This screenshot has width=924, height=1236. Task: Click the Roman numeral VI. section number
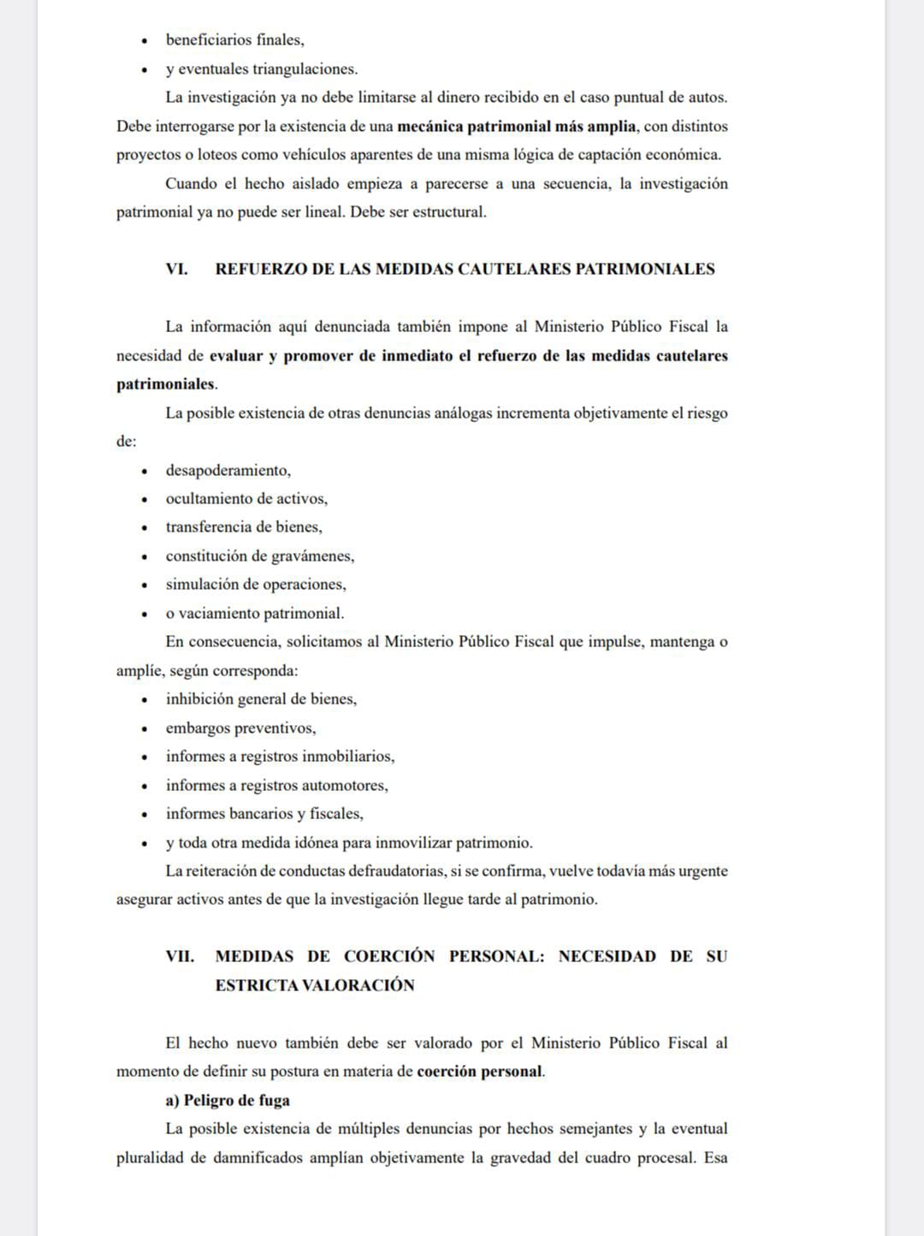(x=177, y=269)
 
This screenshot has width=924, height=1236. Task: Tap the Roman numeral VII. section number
(x=180, y=956)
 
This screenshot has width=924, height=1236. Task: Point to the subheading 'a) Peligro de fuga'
(x=228, y=1100)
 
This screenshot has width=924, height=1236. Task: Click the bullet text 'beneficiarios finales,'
(x=234, y=40)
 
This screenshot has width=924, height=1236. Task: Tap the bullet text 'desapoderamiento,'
(x=228, y=470)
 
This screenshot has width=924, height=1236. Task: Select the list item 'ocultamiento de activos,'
(x=246, y=498)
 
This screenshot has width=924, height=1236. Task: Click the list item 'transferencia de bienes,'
(x=244, y=527)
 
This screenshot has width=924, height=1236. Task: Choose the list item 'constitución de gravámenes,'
(x=259, y=556)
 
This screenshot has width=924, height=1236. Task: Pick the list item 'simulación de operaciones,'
(x=256, y=585)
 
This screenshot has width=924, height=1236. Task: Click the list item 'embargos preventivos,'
(x=240, y=728)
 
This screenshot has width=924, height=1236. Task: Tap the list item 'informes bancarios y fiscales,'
(x=264, y=814)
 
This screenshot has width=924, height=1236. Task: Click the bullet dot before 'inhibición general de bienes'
(x=145, y=700)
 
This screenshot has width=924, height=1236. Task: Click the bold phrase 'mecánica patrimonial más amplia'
(x=517, y=127)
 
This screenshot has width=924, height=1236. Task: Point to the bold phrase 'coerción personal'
(x=479, y=1071)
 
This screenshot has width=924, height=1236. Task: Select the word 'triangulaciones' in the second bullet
(x=304, y=69)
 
